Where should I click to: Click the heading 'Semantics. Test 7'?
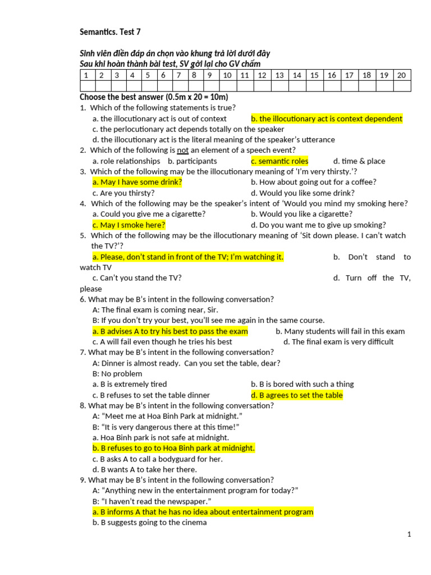(x=110, y=32)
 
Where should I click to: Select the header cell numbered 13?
(x=279, y=75)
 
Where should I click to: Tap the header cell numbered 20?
(x=401, y=75)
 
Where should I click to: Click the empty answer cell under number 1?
(x=86, y=86)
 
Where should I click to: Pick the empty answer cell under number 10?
(x=227, y=86)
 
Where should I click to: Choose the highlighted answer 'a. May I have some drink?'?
(x=137, y=182)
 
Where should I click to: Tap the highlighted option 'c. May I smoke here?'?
(x=129, y=225)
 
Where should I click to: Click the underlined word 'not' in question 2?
(x=183, y=150)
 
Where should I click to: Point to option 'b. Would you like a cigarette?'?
(x=302, y=215)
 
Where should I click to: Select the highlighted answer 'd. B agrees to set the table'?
(x=297, y=395)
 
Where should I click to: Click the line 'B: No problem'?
(x=117, y=374)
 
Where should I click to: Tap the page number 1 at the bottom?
(x=409, y=535)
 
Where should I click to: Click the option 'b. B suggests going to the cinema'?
(x=150, y=523)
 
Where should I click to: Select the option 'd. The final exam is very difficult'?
(x=338, y=342)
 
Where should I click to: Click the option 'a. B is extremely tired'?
(x=130, y=385)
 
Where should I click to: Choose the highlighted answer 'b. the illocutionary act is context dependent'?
(x=327, y=119)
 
